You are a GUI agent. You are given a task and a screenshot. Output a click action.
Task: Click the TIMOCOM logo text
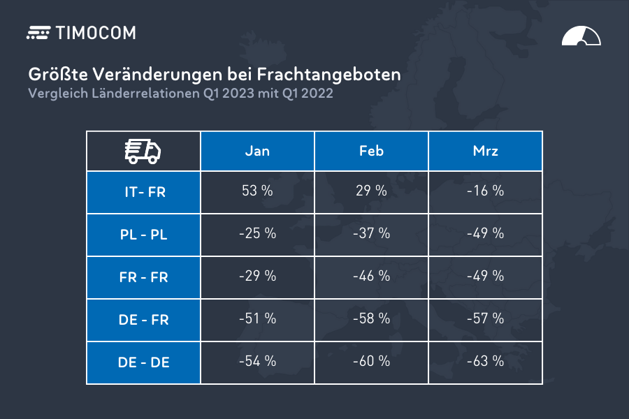pyautogui.click(x=96, y=33)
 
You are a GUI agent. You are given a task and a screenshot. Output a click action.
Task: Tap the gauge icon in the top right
pyautogui.click(x=581, y=36)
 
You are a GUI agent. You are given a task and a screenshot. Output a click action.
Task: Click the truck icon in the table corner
pyautogui.click(x=143, y=152)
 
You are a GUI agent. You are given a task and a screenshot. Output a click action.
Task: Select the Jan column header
pyautogui.click(x=257, y=151)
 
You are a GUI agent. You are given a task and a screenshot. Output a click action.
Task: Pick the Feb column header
pyautogui.click(x=372, y=151)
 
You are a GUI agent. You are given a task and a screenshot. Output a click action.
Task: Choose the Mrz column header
pyautogui.click(x=486, y=151)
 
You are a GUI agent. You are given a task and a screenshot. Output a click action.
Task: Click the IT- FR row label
pyautogui.click(x=143, y=192)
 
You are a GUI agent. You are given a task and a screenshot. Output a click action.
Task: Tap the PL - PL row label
pyautogui.click(x=143, y=235)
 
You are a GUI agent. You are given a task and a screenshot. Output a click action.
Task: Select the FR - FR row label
pyautogui.click(x=143, y=277)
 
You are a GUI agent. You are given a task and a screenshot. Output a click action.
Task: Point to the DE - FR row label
pyautogui.click(x=143, y=320)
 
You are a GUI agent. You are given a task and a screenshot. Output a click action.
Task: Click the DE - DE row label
pyautogui.click(x=143, y=362)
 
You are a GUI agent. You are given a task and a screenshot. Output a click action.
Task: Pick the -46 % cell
pyautogui.click(x=372, y=277)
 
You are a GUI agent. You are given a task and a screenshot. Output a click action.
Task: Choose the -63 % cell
pyautogui.click(x=486, y=361)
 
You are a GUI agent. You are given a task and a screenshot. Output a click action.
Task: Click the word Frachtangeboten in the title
pyautogui.click(x=328, y=75)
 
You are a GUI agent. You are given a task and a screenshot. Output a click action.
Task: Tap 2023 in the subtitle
pyautogui.click(x=238, y=94)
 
